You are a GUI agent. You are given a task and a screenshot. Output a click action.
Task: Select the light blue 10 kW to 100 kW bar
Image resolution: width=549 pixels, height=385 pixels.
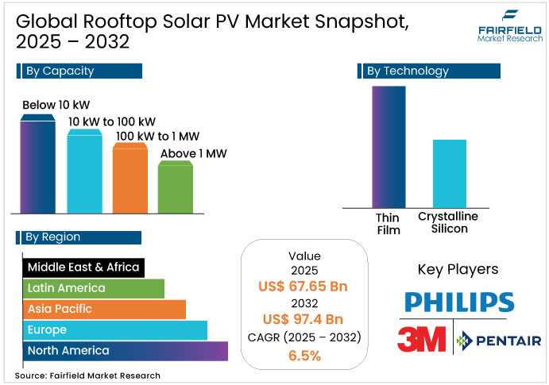coord(84,171)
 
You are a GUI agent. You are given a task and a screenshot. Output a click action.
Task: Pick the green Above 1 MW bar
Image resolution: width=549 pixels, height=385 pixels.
coord(175,187)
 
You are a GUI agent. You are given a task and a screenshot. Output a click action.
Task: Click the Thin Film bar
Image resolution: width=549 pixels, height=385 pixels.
coord(389,146)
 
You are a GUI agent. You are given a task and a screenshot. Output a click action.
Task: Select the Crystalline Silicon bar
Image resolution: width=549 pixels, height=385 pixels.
coord(449,173)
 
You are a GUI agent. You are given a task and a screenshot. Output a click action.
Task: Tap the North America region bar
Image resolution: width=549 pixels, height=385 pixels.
coord(125,350)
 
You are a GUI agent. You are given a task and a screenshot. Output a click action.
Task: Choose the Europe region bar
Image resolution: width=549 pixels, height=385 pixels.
coord(115,329)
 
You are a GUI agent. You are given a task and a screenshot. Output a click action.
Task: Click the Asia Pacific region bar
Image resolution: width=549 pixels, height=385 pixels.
coord(104,309)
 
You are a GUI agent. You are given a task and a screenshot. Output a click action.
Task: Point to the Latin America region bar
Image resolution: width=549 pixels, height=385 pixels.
coord(94,288)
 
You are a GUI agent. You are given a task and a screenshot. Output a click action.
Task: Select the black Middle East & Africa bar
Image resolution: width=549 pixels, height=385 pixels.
coord(83,268)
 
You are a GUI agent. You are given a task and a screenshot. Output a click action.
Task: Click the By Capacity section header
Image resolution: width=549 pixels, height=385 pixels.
coord(79,71)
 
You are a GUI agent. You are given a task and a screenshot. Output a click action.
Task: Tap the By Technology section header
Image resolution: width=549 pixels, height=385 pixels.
coord(429,71)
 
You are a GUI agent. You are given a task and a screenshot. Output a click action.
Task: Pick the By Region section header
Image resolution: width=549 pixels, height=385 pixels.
coord(79,237)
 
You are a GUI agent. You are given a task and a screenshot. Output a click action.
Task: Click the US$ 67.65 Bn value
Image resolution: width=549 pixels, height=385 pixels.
coord(303,287)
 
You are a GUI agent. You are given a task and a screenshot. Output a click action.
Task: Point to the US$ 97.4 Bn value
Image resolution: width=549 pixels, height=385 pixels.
coord(303,320)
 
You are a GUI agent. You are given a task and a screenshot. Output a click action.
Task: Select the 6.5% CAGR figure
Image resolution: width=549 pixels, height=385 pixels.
coord(303,355)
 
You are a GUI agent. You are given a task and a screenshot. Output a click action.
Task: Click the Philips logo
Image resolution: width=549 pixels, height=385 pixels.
coord(458,302)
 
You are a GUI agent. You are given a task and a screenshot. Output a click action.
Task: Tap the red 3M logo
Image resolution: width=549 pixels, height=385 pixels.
coord(423,339)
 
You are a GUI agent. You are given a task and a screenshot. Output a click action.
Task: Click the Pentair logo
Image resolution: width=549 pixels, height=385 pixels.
coord(499,341)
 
